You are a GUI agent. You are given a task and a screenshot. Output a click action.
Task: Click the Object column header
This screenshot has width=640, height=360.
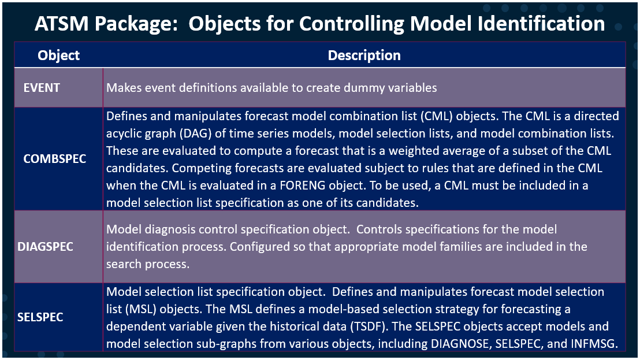pyautogui.click(x=58, y=55)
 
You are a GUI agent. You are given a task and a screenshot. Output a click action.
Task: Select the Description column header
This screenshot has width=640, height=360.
pyautogui.click(x=364, y=55)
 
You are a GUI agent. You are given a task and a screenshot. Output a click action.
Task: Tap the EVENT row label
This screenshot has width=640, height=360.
pyautogui.click(x=41, y=88)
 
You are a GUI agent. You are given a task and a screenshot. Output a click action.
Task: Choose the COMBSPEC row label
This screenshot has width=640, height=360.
pyautogui.click(x=54, y=158)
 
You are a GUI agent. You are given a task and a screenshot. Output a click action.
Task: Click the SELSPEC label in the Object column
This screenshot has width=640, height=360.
pyautogui.click(x=40, y=317)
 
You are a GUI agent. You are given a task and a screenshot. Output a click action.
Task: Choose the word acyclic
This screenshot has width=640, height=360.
pyautogui.click(x=125, y=133)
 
